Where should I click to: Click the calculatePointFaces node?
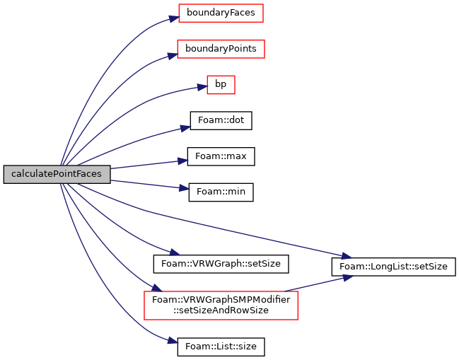pos(57,175)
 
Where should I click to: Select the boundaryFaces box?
pos(221,13)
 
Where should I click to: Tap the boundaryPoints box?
pos(221,49)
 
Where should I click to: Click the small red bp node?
pos(221,85)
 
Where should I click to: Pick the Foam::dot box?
pos(221,120)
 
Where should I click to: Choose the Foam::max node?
pos(221,156)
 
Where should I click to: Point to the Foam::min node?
pos(221,192)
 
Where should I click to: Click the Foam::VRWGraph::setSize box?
pos(221,264)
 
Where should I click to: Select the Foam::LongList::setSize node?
pos(393,267)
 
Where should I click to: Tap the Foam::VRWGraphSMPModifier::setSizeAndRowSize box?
pos(221,306)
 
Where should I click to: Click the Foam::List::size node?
pos(221,347)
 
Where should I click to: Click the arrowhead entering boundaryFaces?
pos(174,18)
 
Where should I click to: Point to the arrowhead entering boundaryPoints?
pos(173,56)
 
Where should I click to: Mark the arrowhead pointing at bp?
pos(202,87)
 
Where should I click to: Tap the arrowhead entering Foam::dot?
pos(185,128)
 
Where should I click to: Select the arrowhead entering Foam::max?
pos(182,161)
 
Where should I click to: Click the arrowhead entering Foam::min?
pos(184,189)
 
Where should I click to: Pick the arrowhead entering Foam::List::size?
pos(173,341)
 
